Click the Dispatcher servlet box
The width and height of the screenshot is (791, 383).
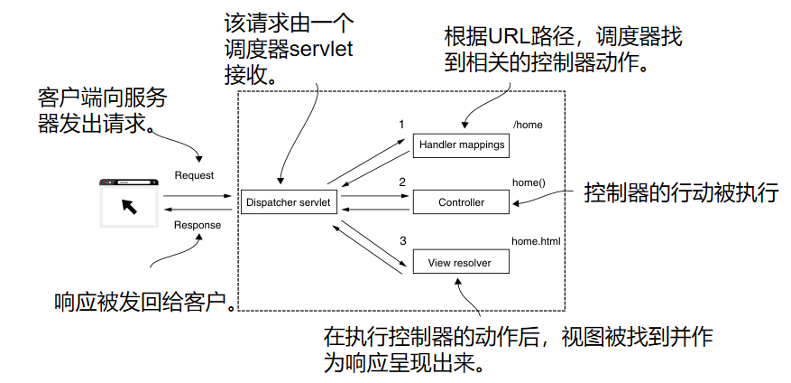pos(289,202)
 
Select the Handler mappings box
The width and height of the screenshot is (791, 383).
pos(461,145)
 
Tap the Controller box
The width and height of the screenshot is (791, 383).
pos(461,202)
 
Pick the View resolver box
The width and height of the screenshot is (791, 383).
pos(461,261)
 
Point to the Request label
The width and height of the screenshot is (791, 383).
pos(194,175)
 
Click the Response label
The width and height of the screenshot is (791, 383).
pos(197,226)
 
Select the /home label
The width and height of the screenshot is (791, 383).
pos(528,125)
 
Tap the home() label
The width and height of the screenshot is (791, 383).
pos(529,182)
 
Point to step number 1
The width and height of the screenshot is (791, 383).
pos(405,123)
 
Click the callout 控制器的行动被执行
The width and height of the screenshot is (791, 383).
pos(680,193)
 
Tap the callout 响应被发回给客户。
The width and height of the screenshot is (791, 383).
pos(145,301)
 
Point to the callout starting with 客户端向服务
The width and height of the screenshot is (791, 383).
pos(101,109)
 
